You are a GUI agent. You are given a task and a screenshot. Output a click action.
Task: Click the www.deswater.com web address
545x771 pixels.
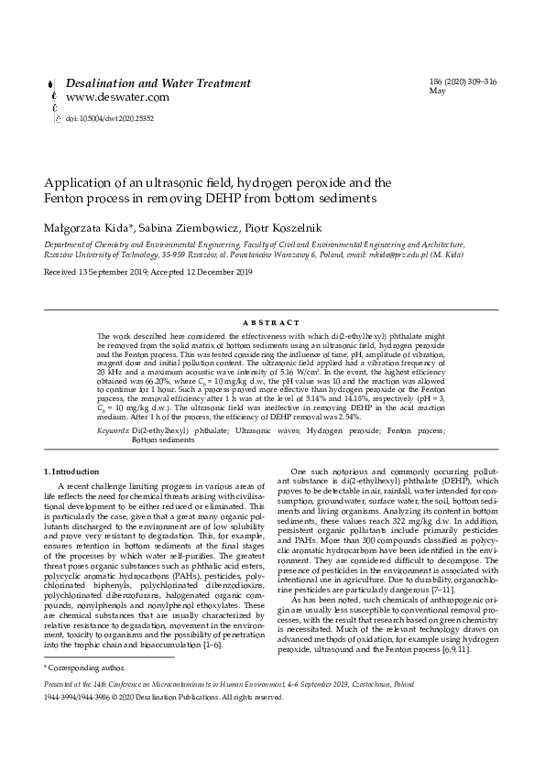[117, 97]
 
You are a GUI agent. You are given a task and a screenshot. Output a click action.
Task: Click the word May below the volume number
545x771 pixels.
[437, 92]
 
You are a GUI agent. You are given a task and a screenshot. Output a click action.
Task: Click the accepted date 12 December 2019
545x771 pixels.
[218, 273]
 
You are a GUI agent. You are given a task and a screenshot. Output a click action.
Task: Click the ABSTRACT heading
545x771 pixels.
[272, 323]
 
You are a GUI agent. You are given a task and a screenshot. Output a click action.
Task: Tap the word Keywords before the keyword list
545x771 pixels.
[113, 429]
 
